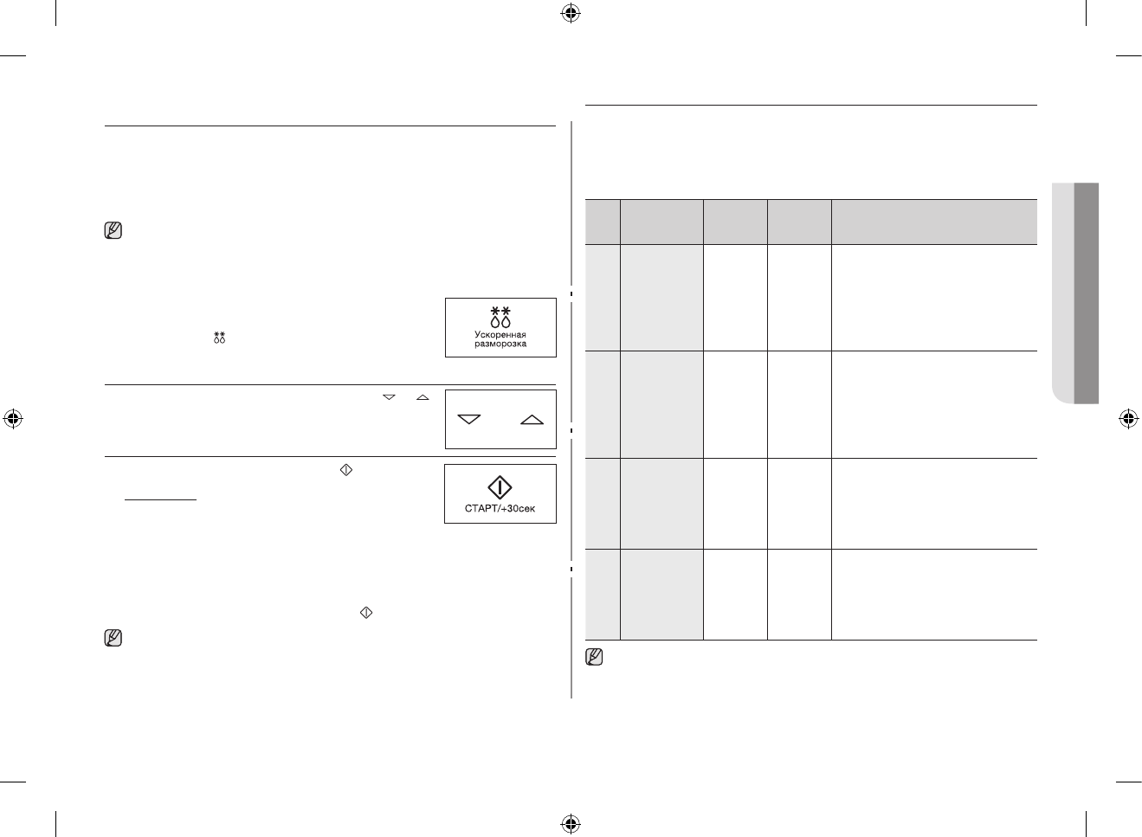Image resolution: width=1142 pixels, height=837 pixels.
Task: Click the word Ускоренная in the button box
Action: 500,334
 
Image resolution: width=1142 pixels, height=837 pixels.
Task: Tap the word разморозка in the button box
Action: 500,344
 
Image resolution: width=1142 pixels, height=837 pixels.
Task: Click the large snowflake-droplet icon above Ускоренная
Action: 500,316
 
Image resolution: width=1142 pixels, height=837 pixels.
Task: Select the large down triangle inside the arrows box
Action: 469,420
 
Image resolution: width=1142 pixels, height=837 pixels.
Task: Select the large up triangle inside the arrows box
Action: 532,420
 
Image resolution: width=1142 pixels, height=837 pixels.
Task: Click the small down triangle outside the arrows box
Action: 389,397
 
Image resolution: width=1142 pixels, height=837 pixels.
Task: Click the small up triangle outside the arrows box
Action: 423,397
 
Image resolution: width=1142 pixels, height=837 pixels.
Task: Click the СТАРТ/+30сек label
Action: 500,508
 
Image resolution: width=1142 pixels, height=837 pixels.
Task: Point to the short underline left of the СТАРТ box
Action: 161,499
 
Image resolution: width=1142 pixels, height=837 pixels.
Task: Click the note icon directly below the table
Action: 594,657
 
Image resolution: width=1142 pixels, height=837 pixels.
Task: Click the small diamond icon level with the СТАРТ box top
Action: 345,470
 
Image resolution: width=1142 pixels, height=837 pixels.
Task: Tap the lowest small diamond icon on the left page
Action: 365,613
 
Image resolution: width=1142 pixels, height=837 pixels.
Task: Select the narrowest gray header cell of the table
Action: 602,222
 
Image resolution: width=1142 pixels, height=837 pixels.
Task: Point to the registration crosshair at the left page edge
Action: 13,419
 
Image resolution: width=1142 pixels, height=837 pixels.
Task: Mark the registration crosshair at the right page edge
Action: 1127,419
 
